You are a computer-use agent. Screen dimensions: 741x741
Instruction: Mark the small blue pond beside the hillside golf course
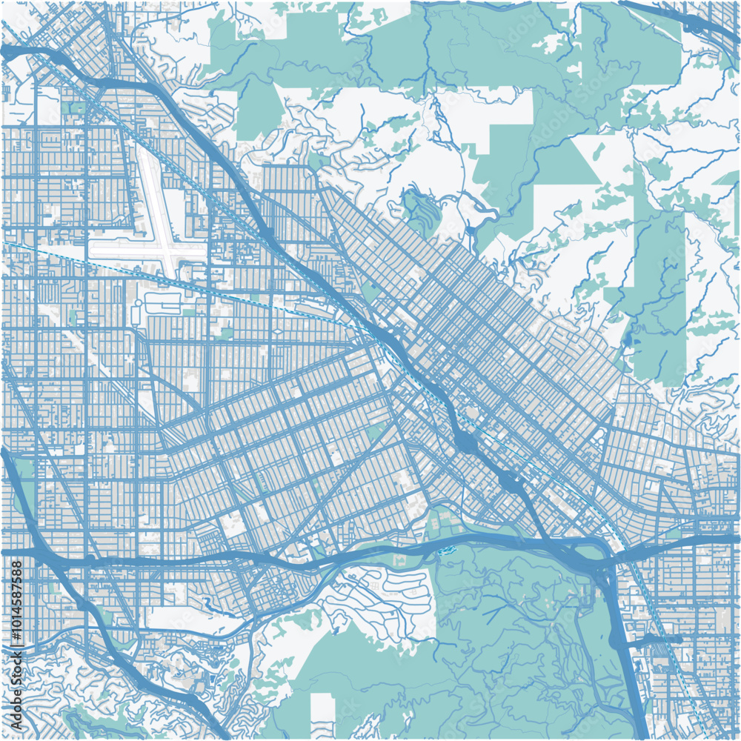coord(407,199)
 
